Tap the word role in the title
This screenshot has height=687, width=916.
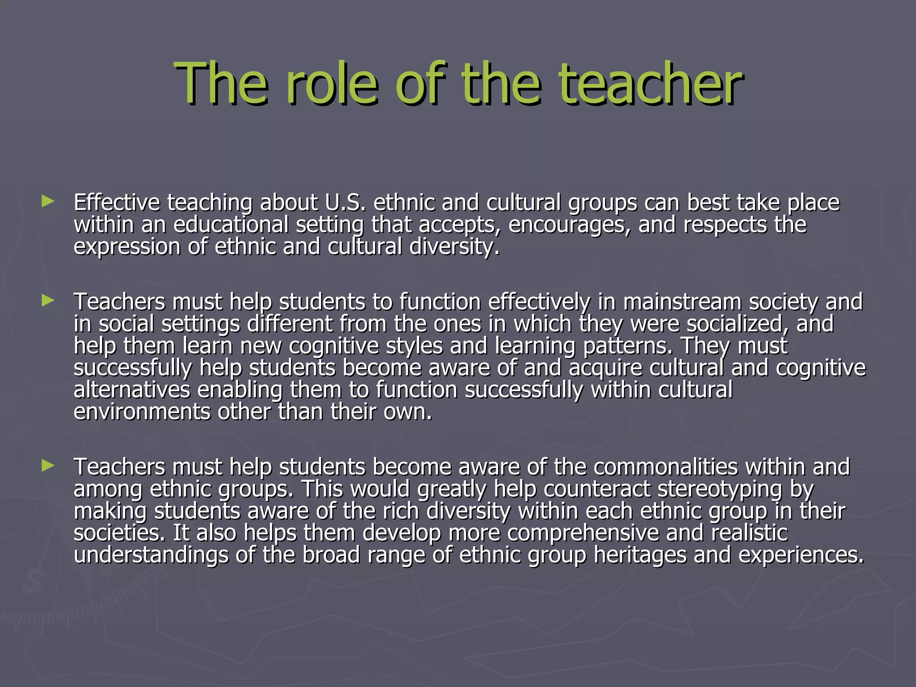335,84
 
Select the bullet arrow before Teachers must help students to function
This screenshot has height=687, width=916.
47,301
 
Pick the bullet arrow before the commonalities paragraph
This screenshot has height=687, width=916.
47,466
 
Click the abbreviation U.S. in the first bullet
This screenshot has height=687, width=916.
345,203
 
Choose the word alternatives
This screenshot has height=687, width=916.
132,390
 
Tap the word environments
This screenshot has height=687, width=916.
142,412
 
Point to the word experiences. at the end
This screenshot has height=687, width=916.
801,555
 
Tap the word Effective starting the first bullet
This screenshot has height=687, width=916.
117,203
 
